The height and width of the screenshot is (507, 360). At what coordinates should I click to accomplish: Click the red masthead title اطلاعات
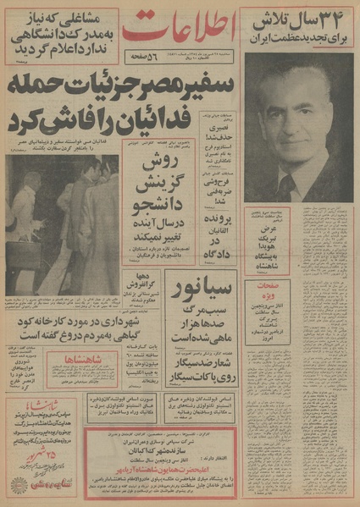pos(180,30)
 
